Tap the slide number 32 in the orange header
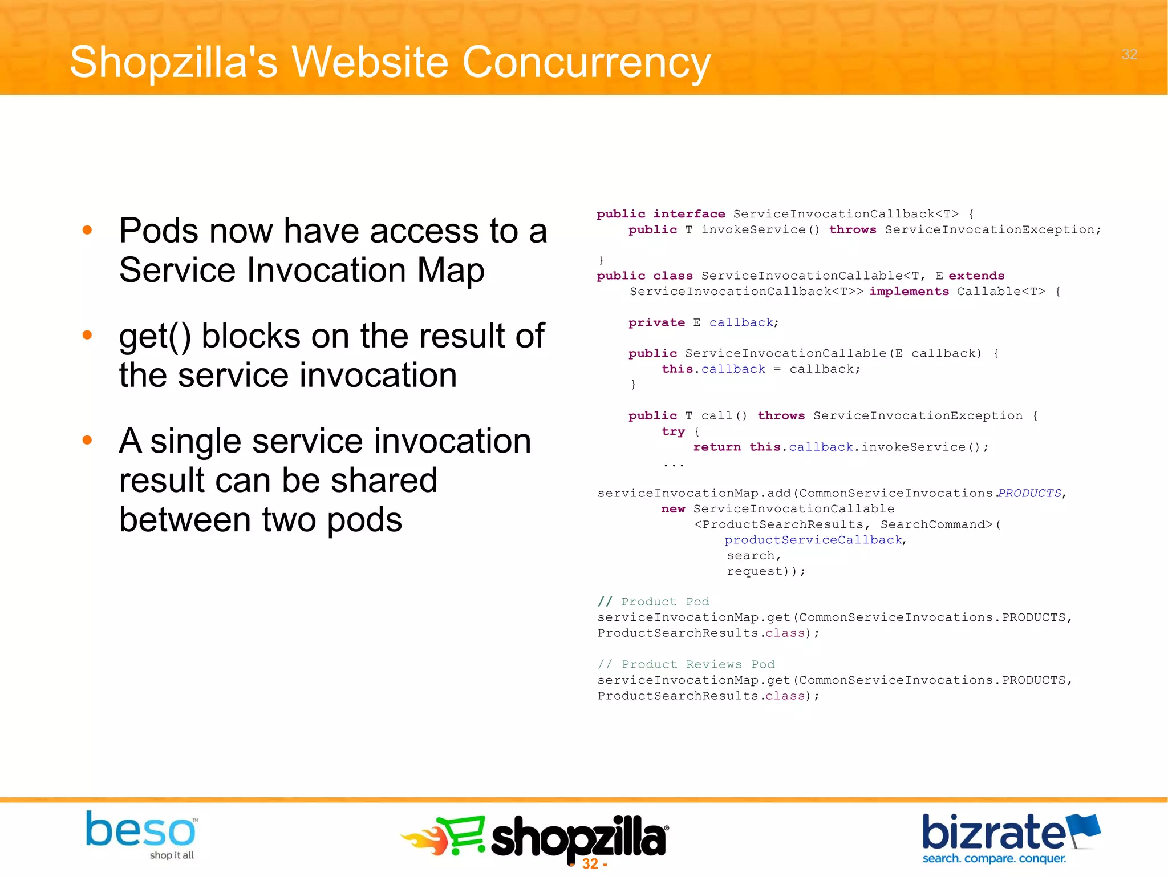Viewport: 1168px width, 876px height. click(x=1129, y=54)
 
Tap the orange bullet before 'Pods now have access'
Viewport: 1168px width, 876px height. click(x=87, y=231)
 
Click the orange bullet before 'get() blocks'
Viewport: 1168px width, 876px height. click(x=87, y=335)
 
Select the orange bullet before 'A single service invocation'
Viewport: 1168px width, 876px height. click(x=87, y=440)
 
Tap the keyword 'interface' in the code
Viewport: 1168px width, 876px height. click(x=689, y=214)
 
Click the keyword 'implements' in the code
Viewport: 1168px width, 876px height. click(x=909, y=292)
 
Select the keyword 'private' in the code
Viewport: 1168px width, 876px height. click(x=656, y=322)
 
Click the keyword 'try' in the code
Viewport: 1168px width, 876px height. click(x=673, y=431)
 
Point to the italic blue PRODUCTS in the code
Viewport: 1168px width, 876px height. click(x=1029, y=493)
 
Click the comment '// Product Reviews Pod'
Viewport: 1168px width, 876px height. click(x=686, y=664)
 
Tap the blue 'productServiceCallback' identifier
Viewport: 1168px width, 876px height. click(x=813, y=540)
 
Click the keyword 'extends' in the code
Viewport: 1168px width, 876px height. click(x=976, y=276)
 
